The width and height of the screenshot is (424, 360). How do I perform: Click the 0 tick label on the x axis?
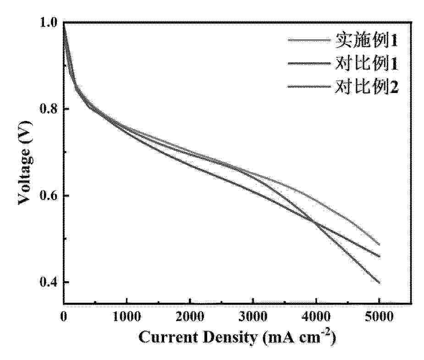[x=63, y=316]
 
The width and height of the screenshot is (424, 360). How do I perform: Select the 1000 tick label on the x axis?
[x=127, y=316]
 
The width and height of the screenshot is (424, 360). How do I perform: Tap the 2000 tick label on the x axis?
[x=190, y=316]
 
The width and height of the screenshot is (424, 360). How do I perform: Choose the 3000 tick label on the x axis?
[x=253, y=316]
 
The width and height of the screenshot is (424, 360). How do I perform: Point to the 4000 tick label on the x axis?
[x=316, y=316]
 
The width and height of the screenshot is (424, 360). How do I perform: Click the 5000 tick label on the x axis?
[x=380, y=316]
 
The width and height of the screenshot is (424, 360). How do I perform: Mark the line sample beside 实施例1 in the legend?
[x=308, y=41]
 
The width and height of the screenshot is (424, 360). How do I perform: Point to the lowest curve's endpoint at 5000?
[x=380, y=283]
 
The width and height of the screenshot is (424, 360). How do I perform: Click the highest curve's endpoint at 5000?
[x=380, y=245]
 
